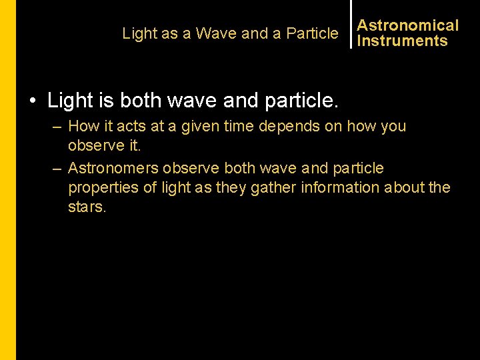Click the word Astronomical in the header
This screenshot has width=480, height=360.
click(408, 25)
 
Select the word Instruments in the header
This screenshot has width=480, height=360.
click(402, 41)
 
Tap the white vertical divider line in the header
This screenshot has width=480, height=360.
click(351, 24)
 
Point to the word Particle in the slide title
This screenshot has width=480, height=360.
click(312, 33)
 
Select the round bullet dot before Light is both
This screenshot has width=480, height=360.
click(32, 102)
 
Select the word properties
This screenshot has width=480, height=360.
click(101, 188)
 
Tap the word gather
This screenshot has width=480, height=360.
click(274, 188)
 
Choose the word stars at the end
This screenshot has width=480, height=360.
click(87, 207)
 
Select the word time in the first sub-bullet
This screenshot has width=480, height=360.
click(236, 126)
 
